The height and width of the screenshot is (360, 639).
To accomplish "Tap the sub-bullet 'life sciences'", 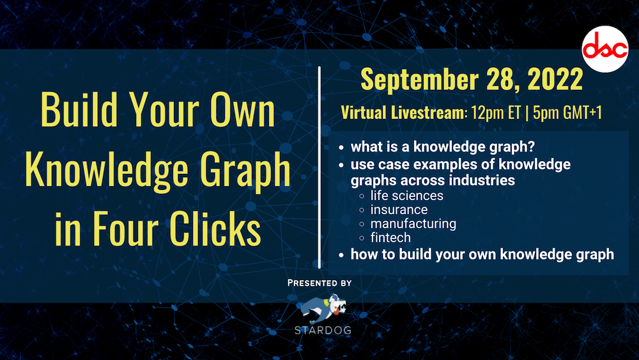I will [x=406, y=195].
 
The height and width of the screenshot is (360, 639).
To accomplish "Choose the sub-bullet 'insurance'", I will [x=399, y=209].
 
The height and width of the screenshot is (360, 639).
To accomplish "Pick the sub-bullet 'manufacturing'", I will [x=413, y=224].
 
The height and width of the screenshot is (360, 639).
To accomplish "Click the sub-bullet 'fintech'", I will [x=390, y=238].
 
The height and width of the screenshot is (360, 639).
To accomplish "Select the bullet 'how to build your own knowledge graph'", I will [x=482, y=254].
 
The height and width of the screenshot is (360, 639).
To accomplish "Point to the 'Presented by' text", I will [x=319, y=282].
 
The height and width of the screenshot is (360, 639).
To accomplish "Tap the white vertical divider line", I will [x=319, y=166].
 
